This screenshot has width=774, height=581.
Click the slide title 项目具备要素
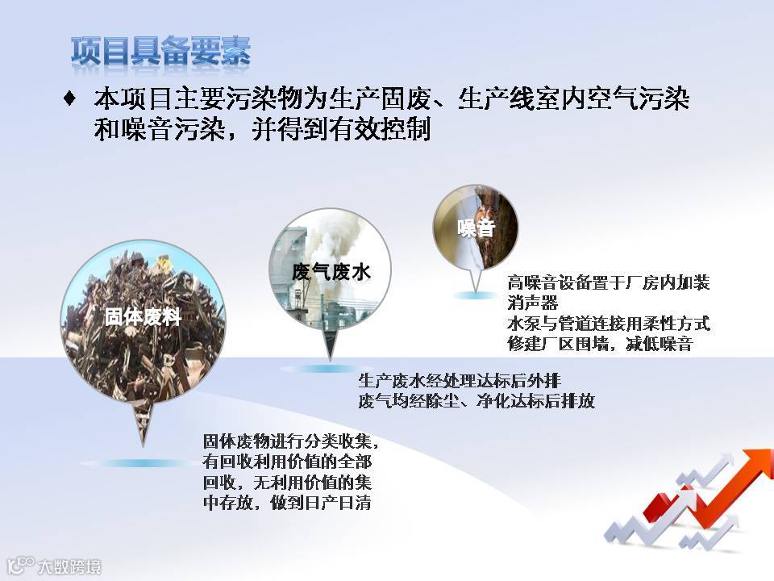click(161, 51)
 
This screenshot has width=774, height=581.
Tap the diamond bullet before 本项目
click(70, 98)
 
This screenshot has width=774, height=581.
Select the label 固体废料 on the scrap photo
click(143, 316)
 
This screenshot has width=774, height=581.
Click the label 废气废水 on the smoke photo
click(331, 272)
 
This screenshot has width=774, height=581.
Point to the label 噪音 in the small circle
click(476, 228)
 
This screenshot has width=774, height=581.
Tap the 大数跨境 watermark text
click(69, 566)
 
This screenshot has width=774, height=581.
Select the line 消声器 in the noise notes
click(532, 303)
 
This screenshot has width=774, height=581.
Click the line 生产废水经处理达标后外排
click(460, 380)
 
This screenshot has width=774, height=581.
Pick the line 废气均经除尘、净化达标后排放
click(476, 401)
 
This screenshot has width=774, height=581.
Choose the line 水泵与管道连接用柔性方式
click(609, 323)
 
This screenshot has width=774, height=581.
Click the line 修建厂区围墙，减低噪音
click(600, 344)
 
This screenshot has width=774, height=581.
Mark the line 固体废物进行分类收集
click(291, 441)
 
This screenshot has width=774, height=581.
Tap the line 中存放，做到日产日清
click(287, 503)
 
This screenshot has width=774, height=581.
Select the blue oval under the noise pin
click(474, 295)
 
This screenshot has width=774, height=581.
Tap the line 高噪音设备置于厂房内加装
click(609, 282)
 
